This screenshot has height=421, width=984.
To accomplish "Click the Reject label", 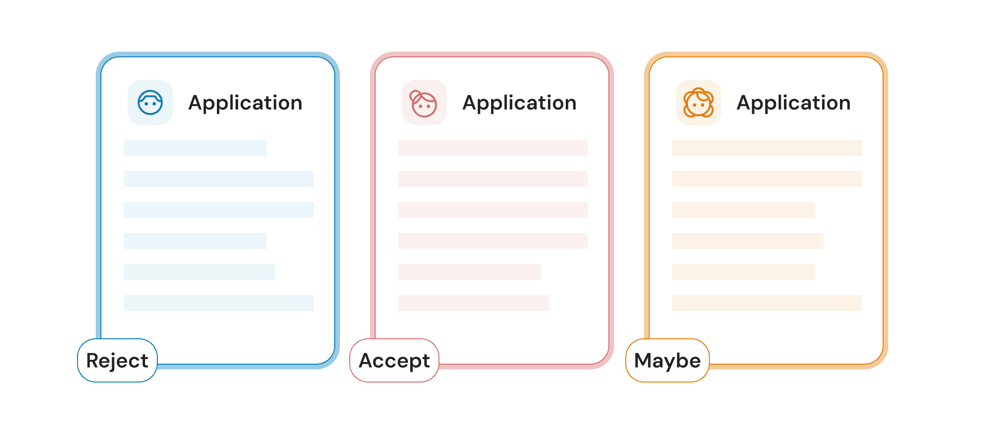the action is click(x=117, y=360).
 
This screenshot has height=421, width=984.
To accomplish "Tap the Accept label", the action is click(x=394, y=360).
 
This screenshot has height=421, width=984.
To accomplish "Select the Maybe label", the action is click(x=667, y=360).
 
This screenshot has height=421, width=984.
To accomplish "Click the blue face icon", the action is click(x=150, y=102).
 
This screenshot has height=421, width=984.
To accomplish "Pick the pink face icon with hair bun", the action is click(x=424, y=103).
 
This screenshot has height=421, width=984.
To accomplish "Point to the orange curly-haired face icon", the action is click(x=698, y=102).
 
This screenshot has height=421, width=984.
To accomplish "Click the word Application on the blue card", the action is click(x=245, y=103).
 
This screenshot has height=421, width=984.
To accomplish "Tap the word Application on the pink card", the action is click(x=519, y=103).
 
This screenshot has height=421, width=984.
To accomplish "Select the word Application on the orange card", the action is click(x=793, y=103).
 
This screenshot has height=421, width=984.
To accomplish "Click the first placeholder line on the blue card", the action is click(x=195, y=148).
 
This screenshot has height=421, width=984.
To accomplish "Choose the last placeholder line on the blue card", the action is click(x=219, y=303).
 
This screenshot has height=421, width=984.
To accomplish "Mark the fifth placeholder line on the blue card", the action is click(x=200, y=272).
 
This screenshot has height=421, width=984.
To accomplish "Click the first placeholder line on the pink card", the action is click(x=493, y=148).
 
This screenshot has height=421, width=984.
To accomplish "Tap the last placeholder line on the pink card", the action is click(x=474, y=303).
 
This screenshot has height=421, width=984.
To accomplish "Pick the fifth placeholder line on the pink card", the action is click(x=469, y=272).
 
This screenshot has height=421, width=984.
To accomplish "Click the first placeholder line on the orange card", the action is click(x=767, y=148).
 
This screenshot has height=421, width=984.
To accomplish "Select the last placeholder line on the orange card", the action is click(x=767, y=303).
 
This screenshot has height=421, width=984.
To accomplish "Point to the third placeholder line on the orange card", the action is click(x=744, y=210).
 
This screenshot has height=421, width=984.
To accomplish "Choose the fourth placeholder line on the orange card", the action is click(x=748, y=241).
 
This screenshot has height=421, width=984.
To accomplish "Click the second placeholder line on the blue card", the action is click(x=219, y=179).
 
